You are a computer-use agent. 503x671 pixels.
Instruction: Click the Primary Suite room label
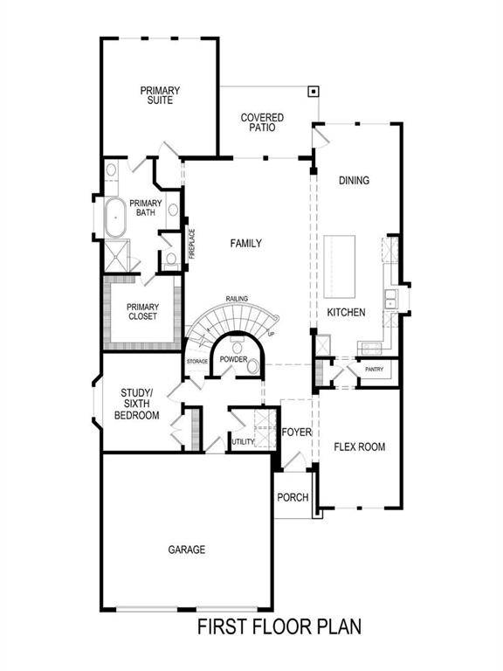159,95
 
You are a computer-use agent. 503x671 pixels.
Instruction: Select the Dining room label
354,181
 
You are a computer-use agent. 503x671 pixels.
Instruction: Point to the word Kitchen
346,313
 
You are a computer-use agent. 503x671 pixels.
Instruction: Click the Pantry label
375,370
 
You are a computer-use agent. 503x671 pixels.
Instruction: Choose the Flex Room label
359,446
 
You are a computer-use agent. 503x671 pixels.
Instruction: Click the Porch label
293,498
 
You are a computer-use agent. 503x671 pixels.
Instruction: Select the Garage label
187,550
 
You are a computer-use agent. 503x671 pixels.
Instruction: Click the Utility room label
243,442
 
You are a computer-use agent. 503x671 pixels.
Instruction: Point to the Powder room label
233,360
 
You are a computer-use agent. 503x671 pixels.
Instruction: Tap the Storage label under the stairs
197,361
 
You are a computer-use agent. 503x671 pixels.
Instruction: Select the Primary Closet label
142,311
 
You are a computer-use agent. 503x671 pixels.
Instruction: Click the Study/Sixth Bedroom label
137,404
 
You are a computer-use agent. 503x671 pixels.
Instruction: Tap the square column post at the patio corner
313,91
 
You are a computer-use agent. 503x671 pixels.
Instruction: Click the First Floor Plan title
279,626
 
